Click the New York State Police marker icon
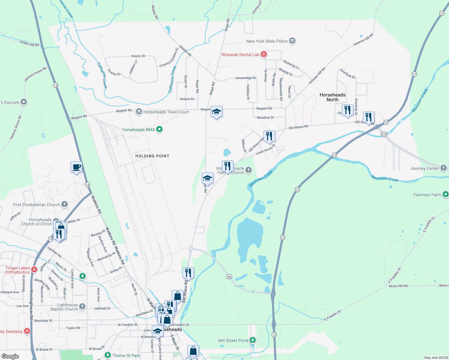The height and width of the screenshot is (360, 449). pyautogui.click(x=292, y=41)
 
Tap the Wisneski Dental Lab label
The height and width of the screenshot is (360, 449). pyautogui.click(x=240, y=55)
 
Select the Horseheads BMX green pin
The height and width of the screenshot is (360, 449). pyautogui.click(x=159, y=129)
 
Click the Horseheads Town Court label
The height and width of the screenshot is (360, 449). pyautogui.click(x=166, y=112)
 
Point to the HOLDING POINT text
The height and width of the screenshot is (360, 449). pyautogui.click(x=152, y=156)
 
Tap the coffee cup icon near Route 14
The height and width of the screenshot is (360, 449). pyautogui.click(x=77, y=167)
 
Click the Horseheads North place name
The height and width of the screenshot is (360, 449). pyautogui.click(x=332, y=97)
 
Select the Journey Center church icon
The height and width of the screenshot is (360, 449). pyautogui.click(x=444, y=168)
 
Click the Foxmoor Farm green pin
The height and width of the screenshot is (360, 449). pyautogui.click(x=445, y=194)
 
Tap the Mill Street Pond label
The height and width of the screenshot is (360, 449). pyautogui.click(x=233, y=340)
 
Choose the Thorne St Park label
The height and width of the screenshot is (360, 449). pyautogui.click(x=126, y=355)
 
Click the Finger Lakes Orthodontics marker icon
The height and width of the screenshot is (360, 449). pyautogui.click(x=34, y=269)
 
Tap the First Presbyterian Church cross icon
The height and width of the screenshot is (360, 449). pyautogui.click(x=65, y=204)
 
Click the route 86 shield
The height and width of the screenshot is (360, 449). pyautogui.click(x=229, y=277)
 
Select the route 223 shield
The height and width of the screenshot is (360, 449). pyautogui.click(x=384, y=134)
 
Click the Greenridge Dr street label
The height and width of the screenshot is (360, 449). pyautogui.click(x=246, y=78)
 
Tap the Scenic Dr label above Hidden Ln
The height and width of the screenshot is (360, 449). pyautogui.click(x=138, y=56)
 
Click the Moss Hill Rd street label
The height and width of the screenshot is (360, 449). pyautogui.click(x=398, y=286)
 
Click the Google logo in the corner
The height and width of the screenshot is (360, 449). pyautogui.click(x=10, y=356)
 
